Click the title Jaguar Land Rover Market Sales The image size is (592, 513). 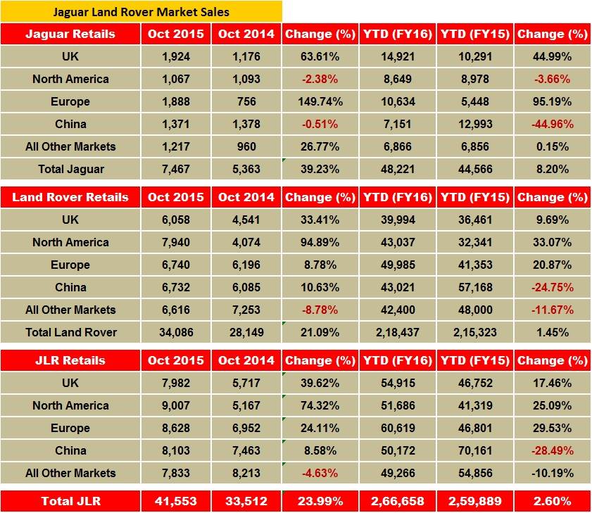tap(141, 12)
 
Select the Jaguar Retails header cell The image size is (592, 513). tap(70, 34)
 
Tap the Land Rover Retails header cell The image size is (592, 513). tap(70, 197)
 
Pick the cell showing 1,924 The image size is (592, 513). tap(175, 56)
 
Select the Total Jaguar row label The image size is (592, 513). tap(70, 169)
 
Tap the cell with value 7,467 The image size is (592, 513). tap(175, 169)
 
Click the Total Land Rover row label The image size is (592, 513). tap(70, 332)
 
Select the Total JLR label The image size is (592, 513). tap(70, 501)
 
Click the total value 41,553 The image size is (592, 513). tap(175, 501)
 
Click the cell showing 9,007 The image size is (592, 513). tap(175, 405)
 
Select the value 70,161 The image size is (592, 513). tap(474, 450)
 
